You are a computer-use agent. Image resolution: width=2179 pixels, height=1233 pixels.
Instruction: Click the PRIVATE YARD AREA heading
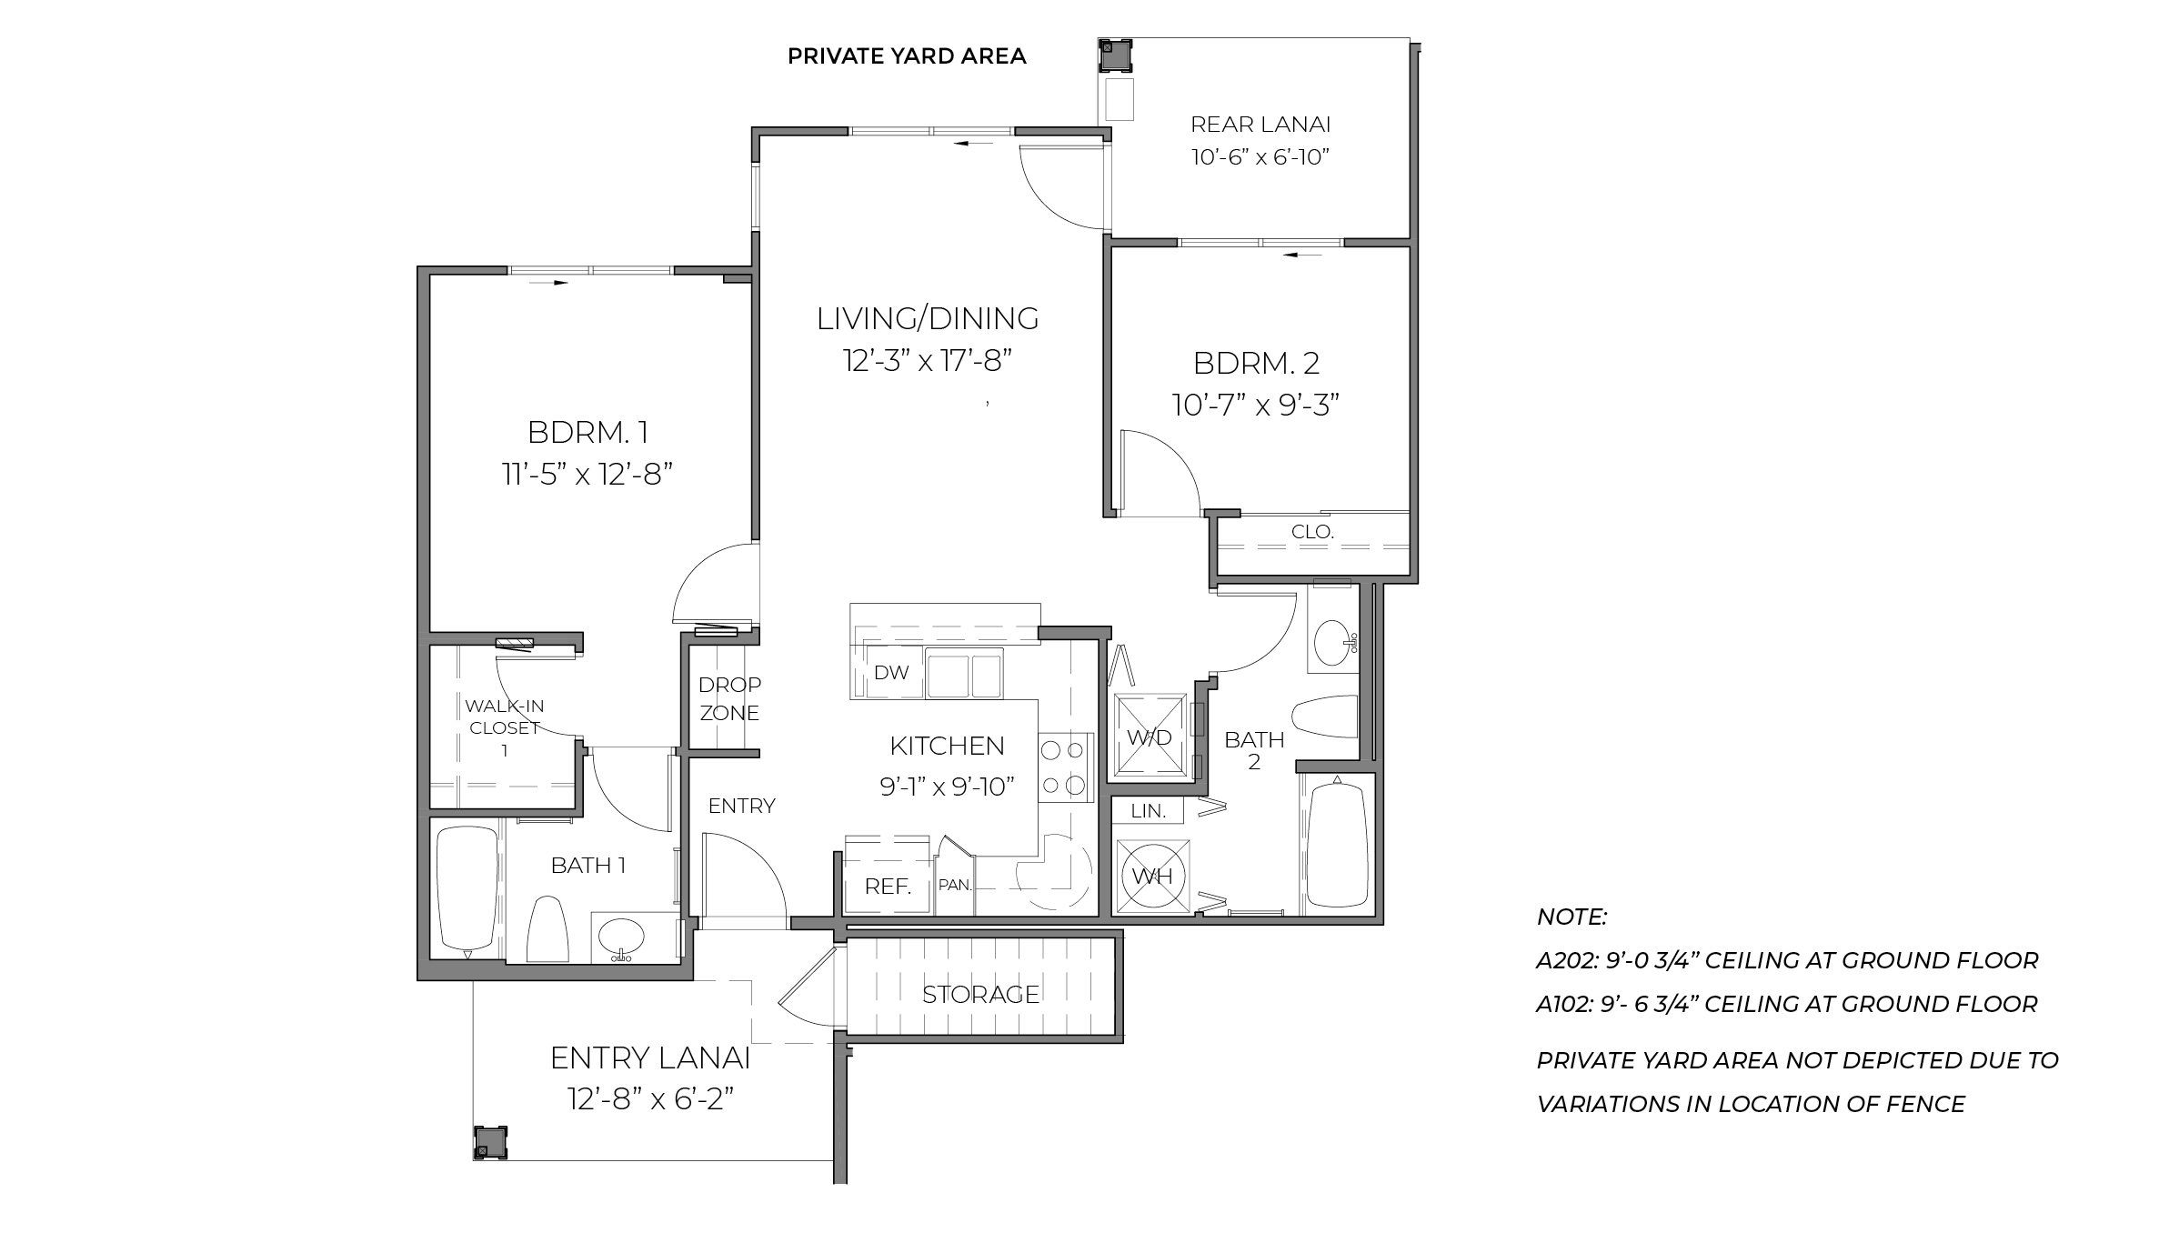click(x=907, y=56)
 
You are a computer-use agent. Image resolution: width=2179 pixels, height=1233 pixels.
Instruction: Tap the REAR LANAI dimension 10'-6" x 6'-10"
click(x=1260, y=157)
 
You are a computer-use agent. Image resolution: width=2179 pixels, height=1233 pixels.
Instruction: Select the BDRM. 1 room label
click(x=587, y=432)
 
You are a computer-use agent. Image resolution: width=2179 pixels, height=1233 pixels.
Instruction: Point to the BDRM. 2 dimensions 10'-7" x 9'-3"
click(x=1256, y=405)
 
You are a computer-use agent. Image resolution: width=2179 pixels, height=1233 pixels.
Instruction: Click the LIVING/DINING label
click(x=928, y=318)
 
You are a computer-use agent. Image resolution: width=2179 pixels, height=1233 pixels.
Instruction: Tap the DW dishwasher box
click(x=890, y=673)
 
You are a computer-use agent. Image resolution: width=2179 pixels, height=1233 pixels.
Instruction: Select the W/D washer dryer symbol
click(x=1150, y=737)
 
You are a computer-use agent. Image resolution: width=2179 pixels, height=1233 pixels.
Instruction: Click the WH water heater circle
click(x=1151, y=877)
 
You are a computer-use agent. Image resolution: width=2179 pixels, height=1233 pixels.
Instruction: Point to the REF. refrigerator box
click(x=888, y=886)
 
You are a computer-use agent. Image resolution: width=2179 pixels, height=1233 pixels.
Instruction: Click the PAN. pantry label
click(x=955, y=884)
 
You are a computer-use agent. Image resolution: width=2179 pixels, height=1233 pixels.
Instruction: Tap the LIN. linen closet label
click(x=1149, y=811)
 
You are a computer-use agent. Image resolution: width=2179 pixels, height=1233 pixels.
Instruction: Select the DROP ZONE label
click(x=729, y=698)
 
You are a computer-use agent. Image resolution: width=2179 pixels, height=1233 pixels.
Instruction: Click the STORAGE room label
click(x=980, y=994)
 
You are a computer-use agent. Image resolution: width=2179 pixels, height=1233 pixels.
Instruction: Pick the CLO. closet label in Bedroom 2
click(x=1312, y=532)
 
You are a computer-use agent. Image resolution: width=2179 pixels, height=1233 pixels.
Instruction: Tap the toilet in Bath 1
click(x=547, y=928)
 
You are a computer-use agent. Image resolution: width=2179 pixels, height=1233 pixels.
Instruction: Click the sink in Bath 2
click(x=1334, y=641)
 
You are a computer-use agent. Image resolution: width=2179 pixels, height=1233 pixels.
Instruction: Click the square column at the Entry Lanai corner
click(x=489, y=1142)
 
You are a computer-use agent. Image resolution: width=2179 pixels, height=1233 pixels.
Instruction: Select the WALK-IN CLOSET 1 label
click(x=504, y=727)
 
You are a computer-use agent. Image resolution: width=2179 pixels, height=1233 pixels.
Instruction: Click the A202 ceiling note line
click(x=1787, y=960)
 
